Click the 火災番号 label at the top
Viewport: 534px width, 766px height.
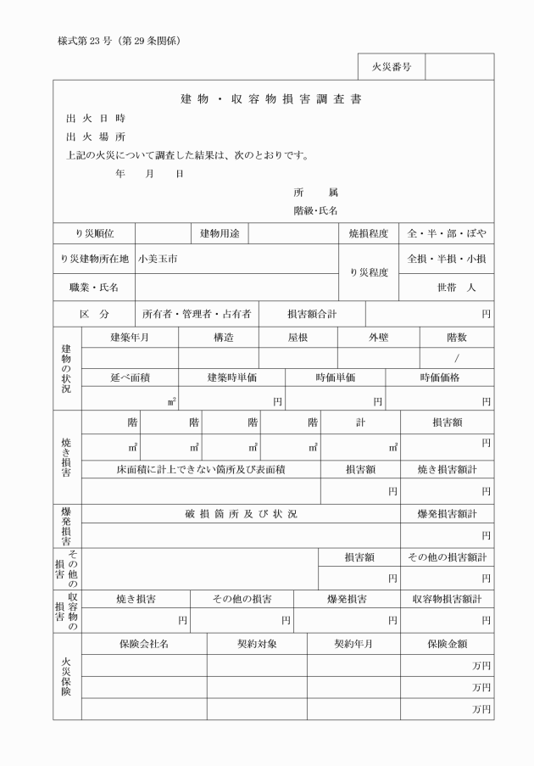[391, 67]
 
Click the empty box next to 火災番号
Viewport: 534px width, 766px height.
[459, 67]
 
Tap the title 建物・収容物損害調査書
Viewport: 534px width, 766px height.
[271, 98]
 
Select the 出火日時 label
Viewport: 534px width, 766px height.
[96, 118]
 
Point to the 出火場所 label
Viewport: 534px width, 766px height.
[96, 137]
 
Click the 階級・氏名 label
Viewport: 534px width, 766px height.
[315, 210]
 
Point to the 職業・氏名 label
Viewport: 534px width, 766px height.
[94, 288]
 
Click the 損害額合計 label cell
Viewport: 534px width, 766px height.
[312, 314]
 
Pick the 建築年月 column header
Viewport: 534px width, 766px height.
[130, 337]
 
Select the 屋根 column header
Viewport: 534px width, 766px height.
[297, 337]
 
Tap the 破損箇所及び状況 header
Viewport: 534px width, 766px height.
[241, 514]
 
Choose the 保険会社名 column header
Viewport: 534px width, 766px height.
[144, 644]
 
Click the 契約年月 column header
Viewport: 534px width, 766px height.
[353, 644]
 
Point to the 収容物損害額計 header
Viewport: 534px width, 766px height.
[447, 599]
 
